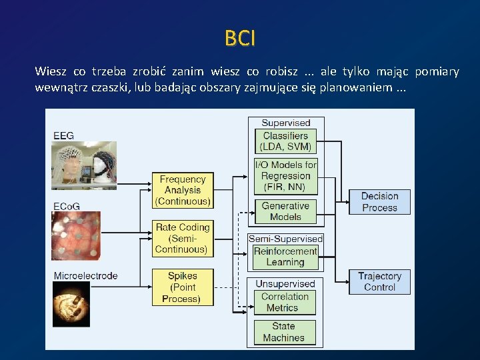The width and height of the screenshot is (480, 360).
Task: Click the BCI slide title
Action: point(240,39)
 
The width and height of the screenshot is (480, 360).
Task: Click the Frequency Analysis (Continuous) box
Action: point(183,190)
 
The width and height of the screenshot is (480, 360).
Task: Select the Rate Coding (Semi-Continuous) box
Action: point(183,238)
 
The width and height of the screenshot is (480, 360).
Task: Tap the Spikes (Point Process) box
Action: point(183,287)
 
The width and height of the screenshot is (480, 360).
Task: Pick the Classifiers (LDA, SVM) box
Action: point(285,141)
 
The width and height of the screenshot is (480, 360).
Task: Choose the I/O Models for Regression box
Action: point(285,176)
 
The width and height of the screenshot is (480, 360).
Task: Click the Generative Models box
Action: point(285,211)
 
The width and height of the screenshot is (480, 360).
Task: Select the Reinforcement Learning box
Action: point(285,257)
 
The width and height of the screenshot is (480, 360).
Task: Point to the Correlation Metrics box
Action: point(285,302)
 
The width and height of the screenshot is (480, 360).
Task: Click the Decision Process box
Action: point(379,202)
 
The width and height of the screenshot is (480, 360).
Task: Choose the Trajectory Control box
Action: point(379,281)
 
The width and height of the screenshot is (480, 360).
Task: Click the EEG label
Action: point(64,136)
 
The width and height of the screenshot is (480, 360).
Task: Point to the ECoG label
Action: point(67,207)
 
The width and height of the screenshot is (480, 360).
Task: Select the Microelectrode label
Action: point(85,275)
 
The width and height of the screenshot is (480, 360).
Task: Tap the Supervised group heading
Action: point(285,123)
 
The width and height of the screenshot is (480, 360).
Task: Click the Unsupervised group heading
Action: point(285,284)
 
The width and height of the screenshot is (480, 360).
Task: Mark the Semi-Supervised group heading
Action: point(285,239)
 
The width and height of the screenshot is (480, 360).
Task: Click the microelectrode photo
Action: point(71,304)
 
